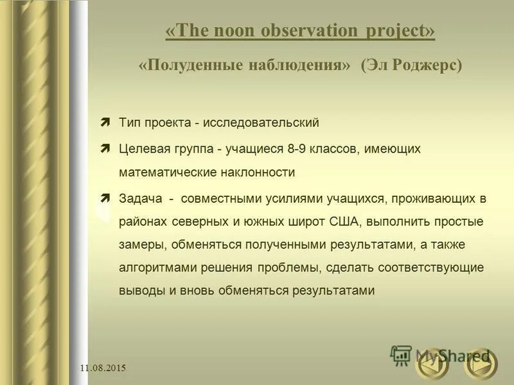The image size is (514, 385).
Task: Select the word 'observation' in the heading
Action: (x=297, y=31)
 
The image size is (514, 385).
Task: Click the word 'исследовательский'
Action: (x=260, y=123)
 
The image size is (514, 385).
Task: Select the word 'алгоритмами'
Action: (x=154, y=267)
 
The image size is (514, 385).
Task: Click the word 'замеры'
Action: (x=139, y=244)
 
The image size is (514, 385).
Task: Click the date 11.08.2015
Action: (x=103, y=368)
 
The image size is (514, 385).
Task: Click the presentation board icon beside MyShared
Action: (x=402, y=355)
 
